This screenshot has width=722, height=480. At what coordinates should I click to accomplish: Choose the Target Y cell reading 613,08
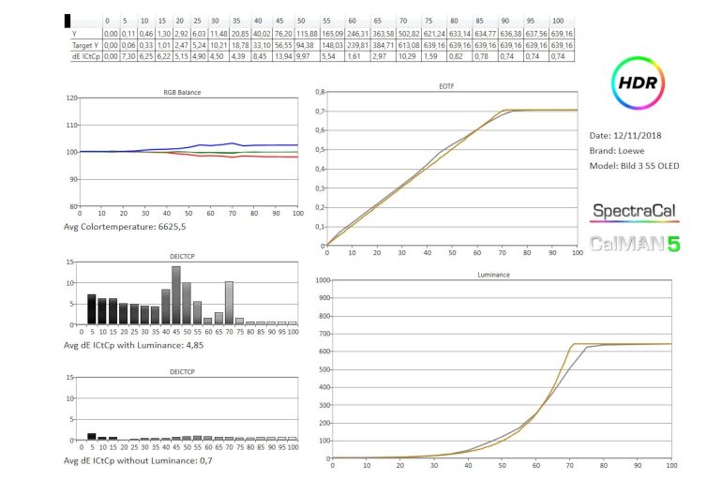tap(408, 44)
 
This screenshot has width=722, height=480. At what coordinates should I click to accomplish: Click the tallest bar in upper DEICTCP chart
tap(175, 294)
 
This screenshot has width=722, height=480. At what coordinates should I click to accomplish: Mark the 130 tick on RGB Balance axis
tap(72, 97)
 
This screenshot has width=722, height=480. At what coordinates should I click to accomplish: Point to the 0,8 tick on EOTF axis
tap(320, 93)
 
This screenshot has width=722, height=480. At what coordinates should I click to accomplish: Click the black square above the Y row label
tap(68, 20)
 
